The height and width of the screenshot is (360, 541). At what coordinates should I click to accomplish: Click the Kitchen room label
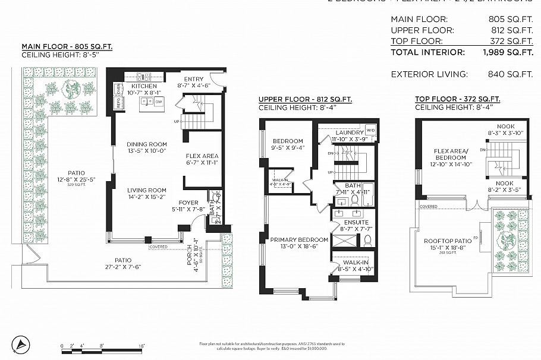click(x=144, y=86)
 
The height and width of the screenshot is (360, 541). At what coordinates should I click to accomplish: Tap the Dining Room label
click(x=146, y=144)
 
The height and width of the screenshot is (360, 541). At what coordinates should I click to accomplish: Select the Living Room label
click(x=146, y=190)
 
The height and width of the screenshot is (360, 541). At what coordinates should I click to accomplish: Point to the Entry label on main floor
click(x=194, y=79)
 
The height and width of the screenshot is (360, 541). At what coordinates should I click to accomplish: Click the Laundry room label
click(x=349, y=132)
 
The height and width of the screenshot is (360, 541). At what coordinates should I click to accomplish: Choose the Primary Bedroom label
click(x=299, y=240)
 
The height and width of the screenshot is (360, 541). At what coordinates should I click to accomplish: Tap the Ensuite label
click(x=357, y=223)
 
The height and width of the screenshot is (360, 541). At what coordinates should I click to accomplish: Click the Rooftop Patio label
click(x=447, y=241)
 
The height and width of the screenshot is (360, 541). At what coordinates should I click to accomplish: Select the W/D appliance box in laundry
click(x=370, y=130)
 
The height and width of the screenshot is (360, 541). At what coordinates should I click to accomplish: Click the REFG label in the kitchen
click(x=118, y=102)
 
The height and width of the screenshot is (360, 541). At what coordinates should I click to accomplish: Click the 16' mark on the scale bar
click(x=142, y=345)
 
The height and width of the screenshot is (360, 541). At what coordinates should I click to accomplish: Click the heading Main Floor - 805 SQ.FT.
click(x=67, y=46)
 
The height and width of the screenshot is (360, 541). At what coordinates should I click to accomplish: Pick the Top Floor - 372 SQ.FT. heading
click(x=457, y=99)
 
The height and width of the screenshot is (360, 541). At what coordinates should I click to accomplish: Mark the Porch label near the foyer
click(x=189, y=256)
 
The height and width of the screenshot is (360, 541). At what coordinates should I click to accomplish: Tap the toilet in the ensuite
click(x=367, y=241)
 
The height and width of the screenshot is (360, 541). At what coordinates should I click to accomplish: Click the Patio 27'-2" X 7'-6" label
click(x=123, y=260)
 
